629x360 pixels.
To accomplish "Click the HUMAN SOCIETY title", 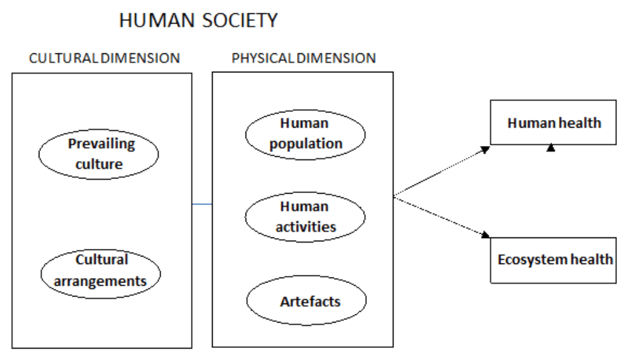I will click(199, 21).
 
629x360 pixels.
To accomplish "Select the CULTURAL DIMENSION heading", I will click(105, 58).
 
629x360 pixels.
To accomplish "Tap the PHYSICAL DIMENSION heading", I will click(303, 58).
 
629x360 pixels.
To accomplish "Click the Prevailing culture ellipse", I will click(99, 152).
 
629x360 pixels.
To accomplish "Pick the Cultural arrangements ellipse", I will click(101, 270).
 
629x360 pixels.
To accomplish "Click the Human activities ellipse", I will click(305, 216).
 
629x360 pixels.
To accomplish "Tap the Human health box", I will click(553, 122).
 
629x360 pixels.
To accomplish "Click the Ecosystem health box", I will click(553, 259).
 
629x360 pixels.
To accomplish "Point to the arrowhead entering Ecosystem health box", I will click(486, 235).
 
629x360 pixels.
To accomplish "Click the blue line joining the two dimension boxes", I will click(201, 204).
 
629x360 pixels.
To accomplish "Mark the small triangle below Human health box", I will click(552, 147).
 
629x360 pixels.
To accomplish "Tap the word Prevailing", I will click(102, 143).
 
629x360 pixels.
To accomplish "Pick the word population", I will click(306, 143).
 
